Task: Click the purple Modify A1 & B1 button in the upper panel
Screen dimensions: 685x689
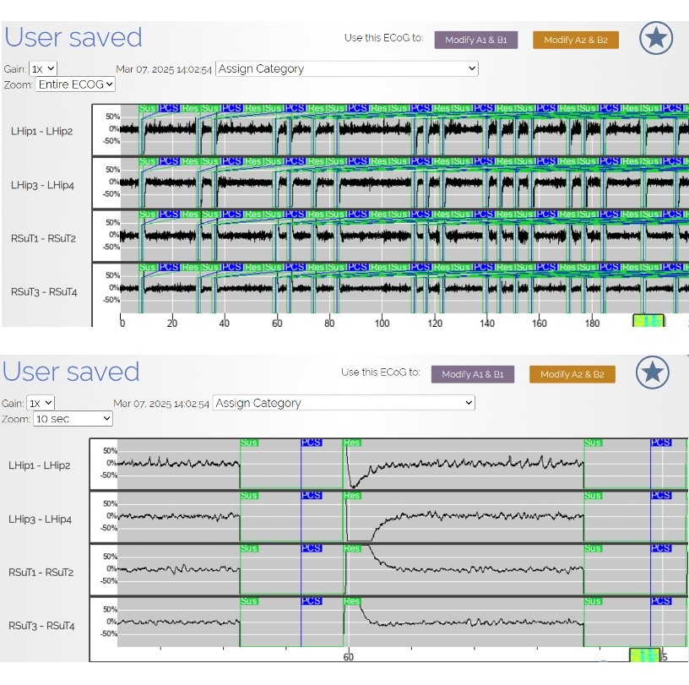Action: click(x=475, y=40)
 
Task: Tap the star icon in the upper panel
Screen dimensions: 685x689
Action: click(x=656, y=38)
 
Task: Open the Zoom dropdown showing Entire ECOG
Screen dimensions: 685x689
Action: click(x=75, y=84)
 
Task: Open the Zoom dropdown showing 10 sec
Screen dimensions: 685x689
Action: click(x=72, y=418)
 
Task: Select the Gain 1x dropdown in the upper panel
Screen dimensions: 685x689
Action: click(x=43, y=68)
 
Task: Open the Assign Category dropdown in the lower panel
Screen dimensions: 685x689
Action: click(x=344, y=403)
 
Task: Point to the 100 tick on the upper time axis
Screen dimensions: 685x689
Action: click(x=382, y=323)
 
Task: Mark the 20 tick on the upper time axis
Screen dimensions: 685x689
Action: click(x=172, y=323)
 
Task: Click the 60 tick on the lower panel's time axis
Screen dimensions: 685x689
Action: click(x=348, y=656)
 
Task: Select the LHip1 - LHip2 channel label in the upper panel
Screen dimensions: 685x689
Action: click(x=42, y=131)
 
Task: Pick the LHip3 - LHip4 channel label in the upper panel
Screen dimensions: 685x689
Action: click(x=42, y=184)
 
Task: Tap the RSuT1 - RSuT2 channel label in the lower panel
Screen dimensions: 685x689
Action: click(x=41, y=572)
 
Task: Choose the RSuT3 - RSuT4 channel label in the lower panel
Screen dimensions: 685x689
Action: click(x=41, y=626)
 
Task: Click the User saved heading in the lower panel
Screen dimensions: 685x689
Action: click(x=71, y=372)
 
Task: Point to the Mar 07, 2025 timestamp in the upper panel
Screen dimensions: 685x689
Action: click(x=164, y=69)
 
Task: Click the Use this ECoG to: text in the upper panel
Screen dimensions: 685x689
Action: click(x=383, y=38)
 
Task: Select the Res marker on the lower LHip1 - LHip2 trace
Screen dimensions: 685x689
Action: click(x=352, y=443)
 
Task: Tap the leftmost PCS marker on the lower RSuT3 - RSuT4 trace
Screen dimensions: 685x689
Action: click(x=312, y=601)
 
